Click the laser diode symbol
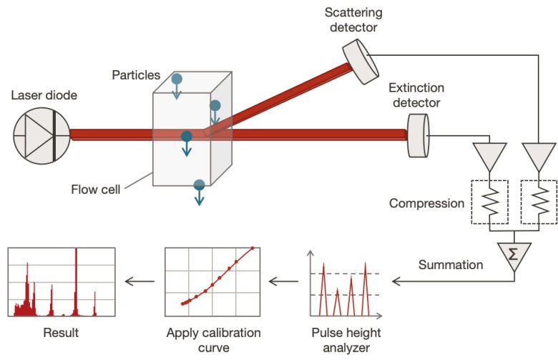coord(41,135)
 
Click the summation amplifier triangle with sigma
coord(514,253)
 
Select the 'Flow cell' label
coord(95,190)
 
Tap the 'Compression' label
coord(426,203)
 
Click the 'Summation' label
coord(450,264)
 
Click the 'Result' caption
coord(61,333)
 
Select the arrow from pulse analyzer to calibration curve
coord(283,281)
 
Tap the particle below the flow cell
coord(200,185)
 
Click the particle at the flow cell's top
coord(176,78)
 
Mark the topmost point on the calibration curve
coord(252,249)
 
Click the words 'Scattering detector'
coord(354,19)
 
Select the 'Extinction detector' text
coord(416,95)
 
